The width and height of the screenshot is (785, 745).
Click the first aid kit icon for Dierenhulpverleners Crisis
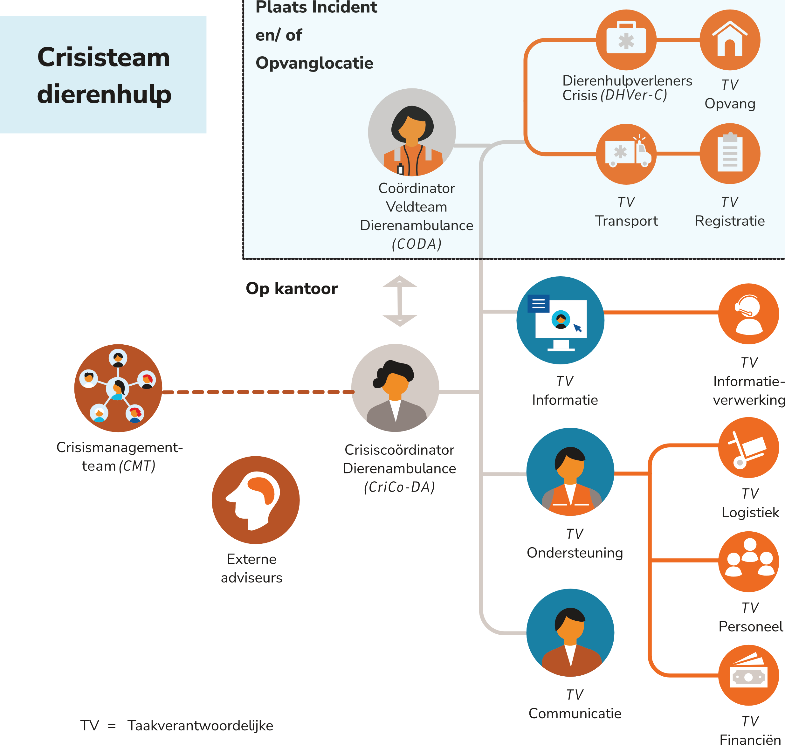[626, 40]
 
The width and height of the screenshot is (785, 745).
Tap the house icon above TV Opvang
[730, 40]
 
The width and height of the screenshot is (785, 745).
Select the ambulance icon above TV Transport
[626, 154]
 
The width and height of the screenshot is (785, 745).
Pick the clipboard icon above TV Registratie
[730, 154]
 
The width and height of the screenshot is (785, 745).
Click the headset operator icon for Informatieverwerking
[748, 314]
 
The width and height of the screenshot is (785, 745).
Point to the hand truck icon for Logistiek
[748, 448]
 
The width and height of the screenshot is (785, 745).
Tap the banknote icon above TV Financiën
[748, 675]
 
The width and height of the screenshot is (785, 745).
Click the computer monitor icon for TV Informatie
[560, 320]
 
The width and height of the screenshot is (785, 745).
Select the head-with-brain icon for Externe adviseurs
[255, 500]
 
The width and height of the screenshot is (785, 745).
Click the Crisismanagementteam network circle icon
[118, 388]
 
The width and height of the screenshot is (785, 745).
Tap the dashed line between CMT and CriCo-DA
[258, 392]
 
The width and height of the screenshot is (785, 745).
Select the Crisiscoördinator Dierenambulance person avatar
[395, 388]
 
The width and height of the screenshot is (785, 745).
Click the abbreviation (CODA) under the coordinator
[417, 244]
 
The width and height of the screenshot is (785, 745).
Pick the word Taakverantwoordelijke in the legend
[200, 726]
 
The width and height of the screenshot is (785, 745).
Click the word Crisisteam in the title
[104, 57]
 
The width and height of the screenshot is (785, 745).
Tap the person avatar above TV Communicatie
[570, 633]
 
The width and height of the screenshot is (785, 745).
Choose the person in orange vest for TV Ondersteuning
[570, 472]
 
